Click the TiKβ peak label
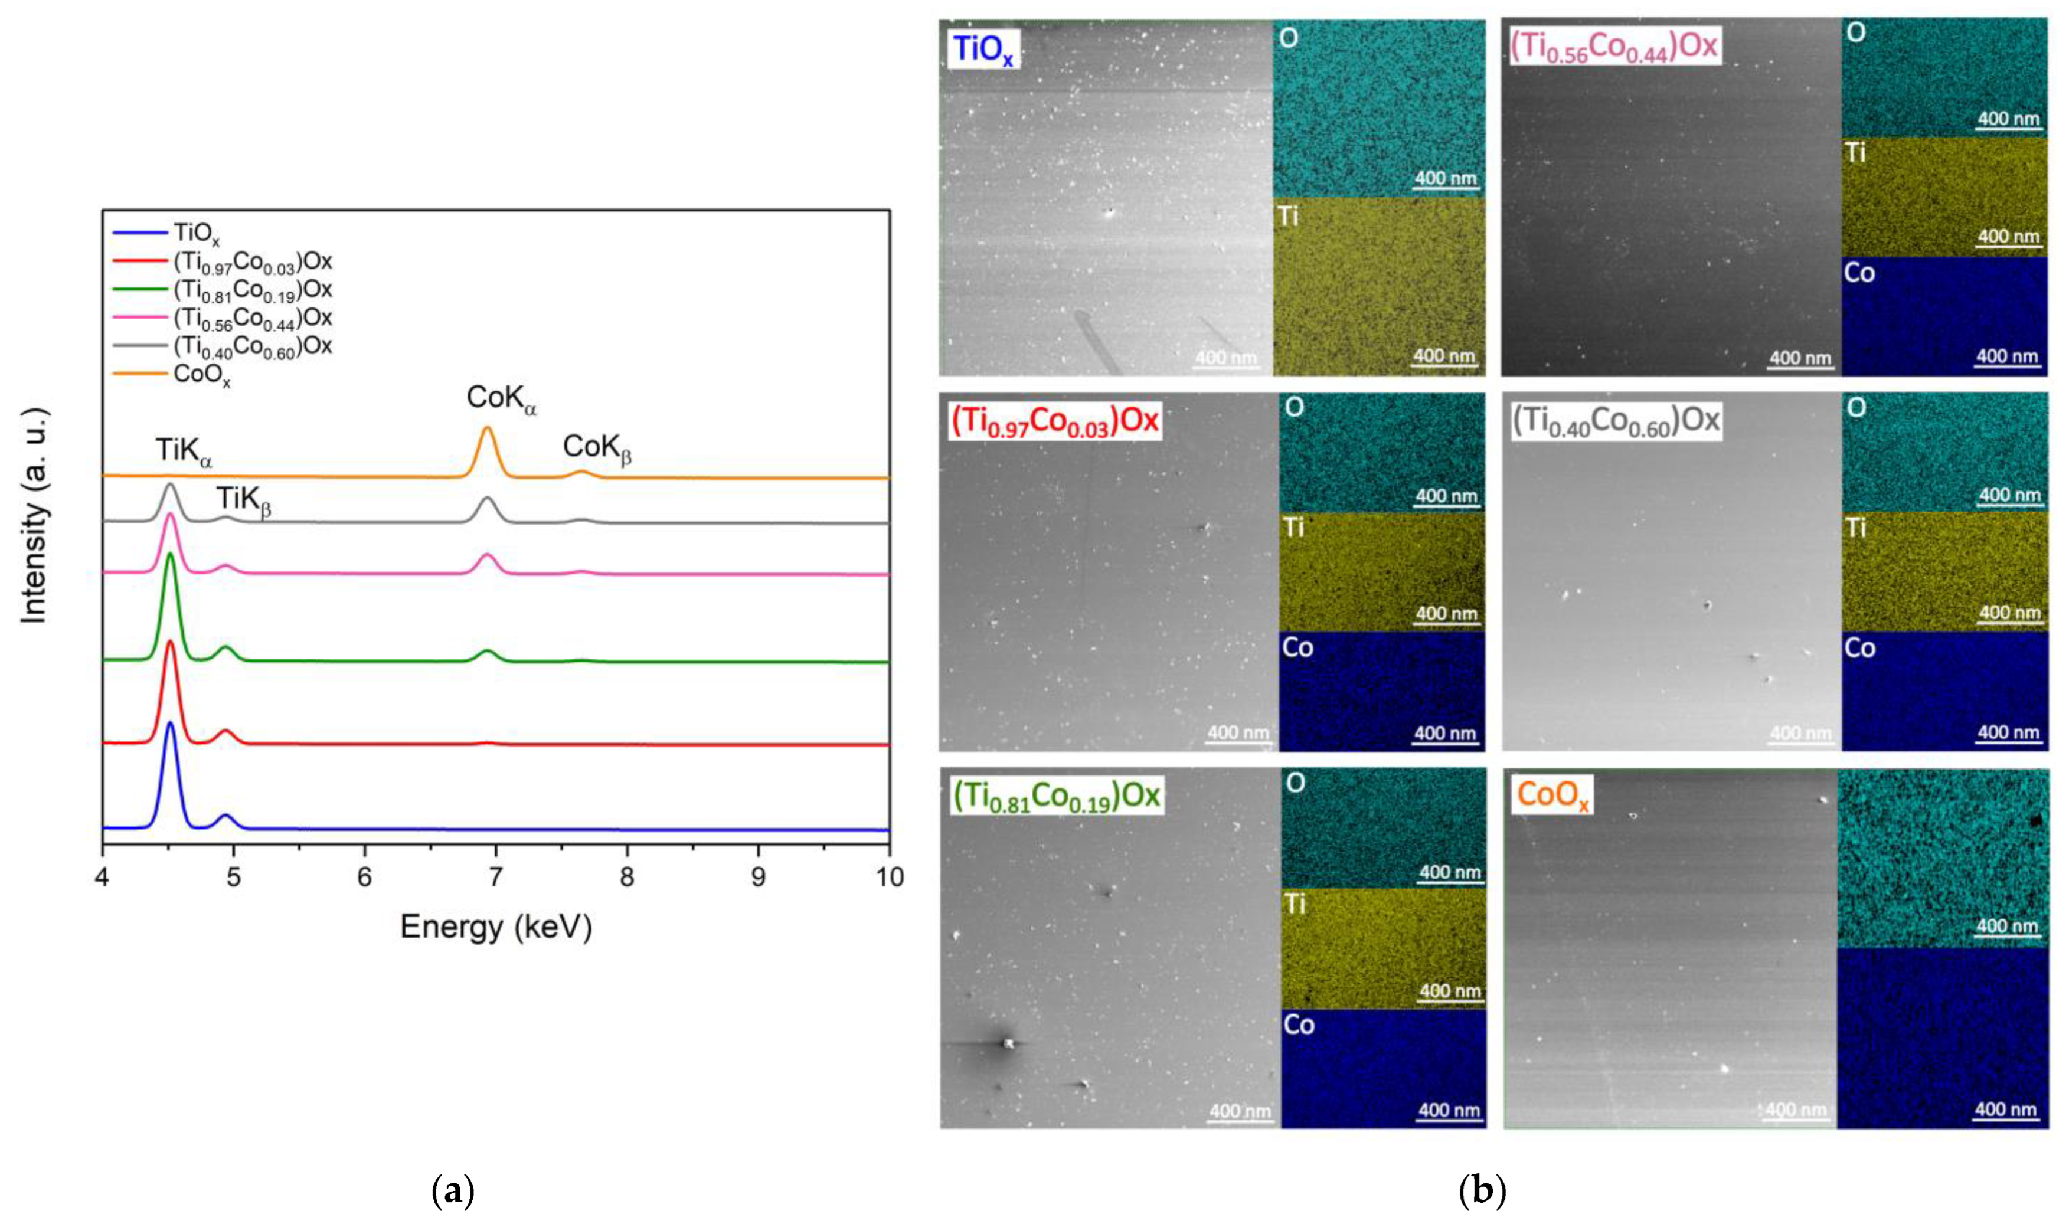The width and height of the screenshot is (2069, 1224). (243, 500)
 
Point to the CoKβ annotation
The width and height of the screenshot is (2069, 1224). (596, 449)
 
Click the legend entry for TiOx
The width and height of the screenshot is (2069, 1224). (197, 235)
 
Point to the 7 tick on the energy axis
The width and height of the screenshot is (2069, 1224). (495, 877)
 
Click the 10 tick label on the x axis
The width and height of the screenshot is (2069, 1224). (888, 877)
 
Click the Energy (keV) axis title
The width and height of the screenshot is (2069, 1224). (496, 928)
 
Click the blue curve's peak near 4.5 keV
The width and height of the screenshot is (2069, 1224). (170, 724)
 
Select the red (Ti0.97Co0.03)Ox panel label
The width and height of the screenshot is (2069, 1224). (1055, 421)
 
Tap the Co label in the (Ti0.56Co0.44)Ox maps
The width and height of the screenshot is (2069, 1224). (1859, 273)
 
